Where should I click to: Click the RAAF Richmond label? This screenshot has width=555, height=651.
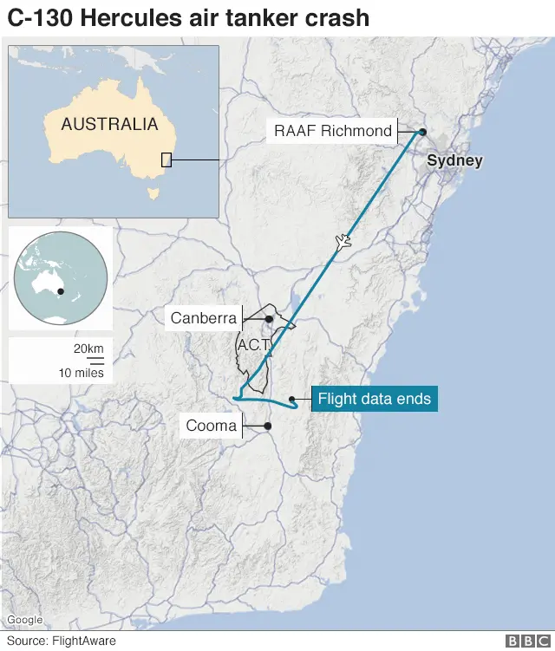333,132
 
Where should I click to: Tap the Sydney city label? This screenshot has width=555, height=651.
454,161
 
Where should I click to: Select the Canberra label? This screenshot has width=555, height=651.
204,318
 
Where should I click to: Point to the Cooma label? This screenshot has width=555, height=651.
211,426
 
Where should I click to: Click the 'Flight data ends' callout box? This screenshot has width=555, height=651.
374,400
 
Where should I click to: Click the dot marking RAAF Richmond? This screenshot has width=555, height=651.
422,132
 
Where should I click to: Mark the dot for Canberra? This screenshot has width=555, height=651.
269,319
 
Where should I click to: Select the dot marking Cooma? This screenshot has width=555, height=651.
268,426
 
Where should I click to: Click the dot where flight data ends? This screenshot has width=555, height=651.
294,400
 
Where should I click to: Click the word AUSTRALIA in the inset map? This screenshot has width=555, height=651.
109,124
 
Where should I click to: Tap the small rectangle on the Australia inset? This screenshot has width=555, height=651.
166,159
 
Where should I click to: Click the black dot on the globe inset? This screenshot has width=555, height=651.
62,291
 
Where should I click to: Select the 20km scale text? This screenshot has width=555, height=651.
88,348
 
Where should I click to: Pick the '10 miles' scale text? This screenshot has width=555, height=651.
82,373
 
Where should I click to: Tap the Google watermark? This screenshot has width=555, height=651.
25,620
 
